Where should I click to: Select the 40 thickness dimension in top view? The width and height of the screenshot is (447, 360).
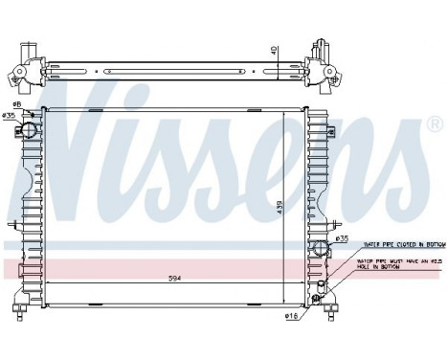[274, 51]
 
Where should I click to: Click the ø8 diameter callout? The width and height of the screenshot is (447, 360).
[16, 105]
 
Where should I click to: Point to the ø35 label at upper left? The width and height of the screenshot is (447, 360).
[10, 116]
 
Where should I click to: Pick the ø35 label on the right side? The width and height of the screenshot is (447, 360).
[342, 238]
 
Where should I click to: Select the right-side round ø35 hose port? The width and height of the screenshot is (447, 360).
[319, 251]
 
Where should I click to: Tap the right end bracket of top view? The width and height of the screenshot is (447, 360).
[323, 67]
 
